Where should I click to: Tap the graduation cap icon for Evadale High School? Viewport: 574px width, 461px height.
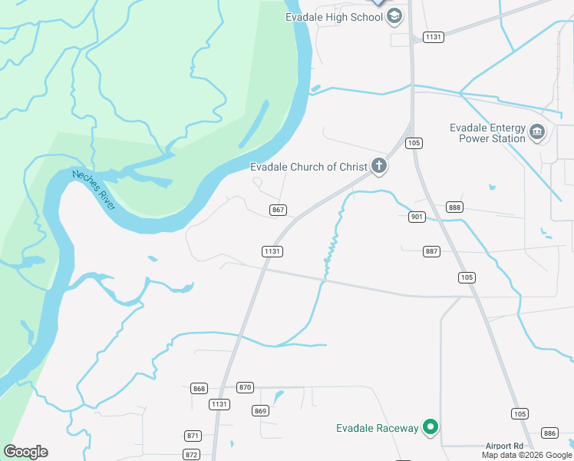click(x=394, y=16)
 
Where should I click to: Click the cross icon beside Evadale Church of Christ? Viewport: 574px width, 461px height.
click(x=378, y=165)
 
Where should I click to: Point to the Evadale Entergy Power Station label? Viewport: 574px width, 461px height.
click(x=487, y=133)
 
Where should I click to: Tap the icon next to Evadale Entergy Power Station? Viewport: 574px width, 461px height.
click(x=537, y=133)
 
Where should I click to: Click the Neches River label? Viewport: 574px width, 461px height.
click(x=94, y=190)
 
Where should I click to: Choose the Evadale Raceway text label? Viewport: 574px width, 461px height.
click(x=378, y=428)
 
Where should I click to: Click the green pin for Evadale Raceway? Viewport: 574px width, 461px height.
click(x=431, y=427)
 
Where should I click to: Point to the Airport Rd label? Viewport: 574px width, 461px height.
click(x=503, y=446)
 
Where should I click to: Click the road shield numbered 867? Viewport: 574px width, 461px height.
click(x=278, y=210)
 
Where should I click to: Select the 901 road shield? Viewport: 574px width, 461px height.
click(x=417, y=217)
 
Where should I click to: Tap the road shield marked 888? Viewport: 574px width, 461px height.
click(x=455, y=207)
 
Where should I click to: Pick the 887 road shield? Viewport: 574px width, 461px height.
click(x=431, y=251)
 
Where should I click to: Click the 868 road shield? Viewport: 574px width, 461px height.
click(x=200, y=389)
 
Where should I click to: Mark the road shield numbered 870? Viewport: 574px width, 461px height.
click(x=245, y=387)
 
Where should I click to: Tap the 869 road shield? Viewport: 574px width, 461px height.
click(x=261, y=411)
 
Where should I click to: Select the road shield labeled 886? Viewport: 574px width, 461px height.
click(x=549, y=433)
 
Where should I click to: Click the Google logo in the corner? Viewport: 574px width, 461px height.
click(x=25, y=452)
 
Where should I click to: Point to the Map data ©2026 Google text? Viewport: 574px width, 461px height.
click(x=527, y=456)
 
